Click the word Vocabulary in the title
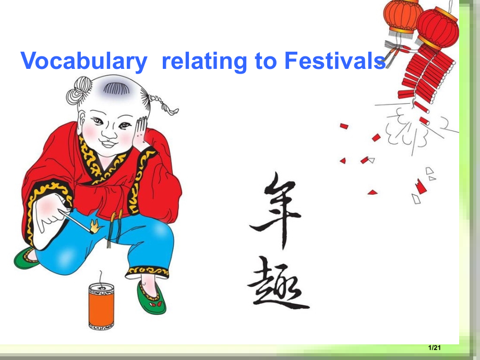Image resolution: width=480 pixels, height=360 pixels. (x=84, y=62)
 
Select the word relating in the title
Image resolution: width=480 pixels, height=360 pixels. (x=204, y=62)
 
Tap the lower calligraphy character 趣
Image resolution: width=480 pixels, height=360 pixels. (x=277, y=287)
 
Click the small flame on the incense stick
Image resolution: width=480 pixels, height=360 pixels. (x=95, y=226)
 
